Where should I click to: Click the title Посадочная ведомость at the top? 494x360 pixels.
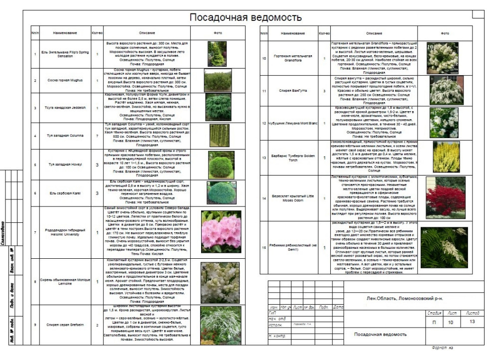click(245, 18)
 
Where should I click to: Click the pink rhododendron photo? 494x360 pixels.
click(221, 231)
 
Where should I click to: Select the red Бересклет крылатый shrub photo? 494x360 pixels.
click(445, 197)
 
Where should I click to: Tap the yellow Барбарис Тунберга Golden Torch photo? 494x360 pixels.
click(446, 157)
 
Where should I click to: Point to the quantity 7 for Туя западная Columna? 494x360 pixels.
click(97, 135)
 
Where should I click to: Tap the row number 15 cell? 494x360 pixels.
click(264, 247)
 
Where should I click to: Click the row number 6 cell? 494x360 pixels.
click(35, 192)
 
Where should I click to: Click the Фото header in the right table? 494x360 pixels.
click(445, 33)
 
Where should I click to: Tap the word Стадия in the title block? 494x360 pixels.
click(434, 313)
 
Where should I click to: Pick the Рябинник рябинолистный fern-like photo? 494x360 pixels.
click(445, 247)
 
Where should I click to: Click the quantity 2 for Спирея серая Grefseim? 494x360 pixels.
click(97, 325)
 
